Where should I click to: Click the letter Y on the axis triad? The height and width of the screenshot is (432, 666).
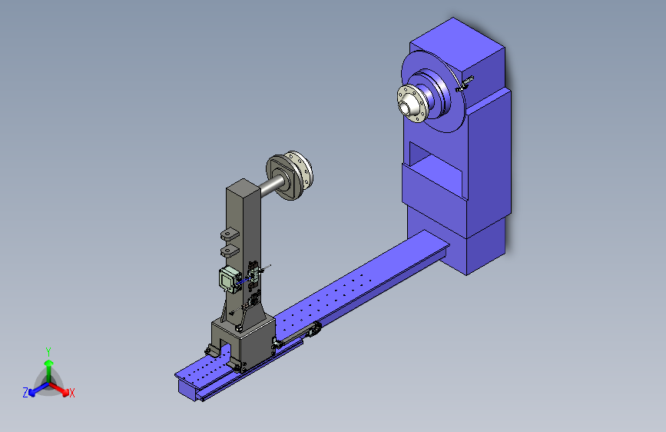tap(48, 352)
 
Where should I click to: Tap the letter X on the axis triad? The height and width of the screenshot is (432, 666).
tap(71, 394)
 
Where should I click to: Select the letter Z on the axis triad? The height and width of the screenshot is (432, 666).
tap(25, 393)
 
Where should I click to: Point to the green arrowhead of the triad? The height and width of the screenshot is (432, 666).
tap(49, 363)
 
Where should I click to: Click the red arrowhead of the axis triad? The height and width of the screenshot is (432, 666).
tap(65, 392)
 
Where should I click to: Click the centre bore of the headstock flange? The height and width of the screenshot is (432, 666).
tap(404, 108)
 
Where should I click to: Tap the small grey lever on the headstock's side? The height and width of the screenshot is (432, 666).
tap(464, 84)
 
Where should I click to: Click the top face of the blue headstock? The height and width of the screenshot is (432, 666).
tap(457, 43)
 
